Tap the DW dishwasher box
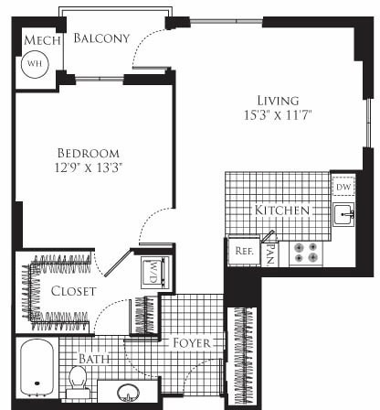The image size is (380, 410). coord(344,187)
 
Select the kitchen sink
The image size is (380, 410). coord(344,216)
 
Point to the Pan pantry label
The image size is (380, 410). coord(270,248)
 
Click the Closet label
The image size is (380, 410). coord(69,292)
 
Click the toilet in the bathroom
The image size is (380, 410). coord(78,382)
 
